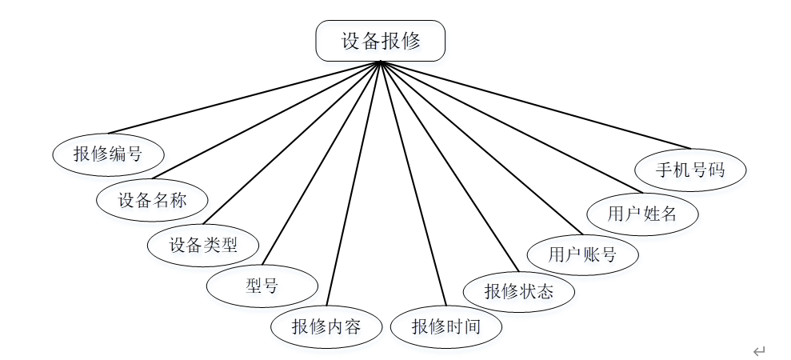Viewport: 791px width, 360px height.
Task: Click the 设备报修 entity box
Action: pos(380,41)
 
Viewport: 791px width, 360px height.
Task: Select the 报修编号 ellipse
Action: pos(108,154)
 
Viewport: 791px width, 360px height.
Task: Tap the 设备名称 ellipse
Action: pos(152,200)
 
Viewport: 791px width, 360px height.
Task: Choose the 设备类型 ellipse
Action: pos(203,245)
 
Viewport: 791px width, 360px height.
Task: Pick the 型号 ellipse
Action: pos(262,285)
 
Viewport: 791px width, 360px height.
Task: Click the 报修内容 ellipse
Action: pos(326,326)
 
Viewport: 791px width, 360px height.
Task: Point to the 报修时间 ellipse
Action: pos(445,326)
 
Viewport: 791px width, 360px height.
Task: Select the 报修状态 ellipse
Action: pos(518,290)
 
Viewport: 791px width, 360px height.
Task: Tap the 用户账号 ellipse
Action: pos(582,254)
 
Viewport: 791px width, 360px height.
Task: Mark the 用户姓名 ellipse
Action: pos(641,214)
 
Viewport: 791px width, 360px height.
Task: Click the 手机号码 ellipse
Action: pos(690,170)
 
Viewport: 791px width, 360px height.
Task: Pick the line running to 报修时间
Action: pos(413,185)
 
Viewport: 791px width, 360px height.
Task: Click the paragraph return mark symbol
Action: pos(758,350)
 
